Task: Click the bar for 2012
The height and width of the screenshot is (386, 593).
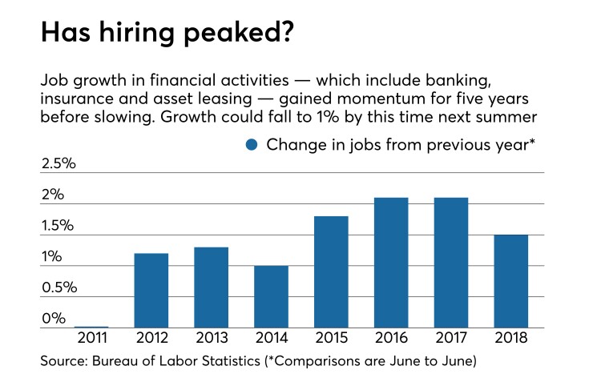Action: [x=151, y=290]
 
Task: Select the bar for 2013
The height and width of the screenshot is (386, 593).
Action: [x=211, y=287]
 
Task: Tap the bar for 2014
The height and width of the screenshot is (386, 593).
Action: [x=271, y=296]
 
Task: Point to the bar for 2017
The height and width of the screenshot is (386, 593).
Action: [x=450, y=262]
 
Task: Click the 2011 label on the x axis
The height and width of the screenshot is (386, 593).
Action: [x=91, y=339]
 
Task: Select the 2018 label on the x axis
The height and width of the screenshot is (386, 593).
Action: [x=510, y=339]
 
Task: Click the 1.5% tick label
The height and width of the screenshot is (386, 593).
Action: [x=58, y=226]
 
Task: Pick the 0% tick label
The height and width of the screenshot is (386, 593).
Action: [x=53, y=318]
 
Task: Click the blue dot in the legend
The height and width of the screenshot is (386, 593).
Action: [x=252, y=145]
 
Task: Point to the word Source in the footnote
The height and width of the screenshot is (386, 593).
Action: [x=63, y=363]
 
